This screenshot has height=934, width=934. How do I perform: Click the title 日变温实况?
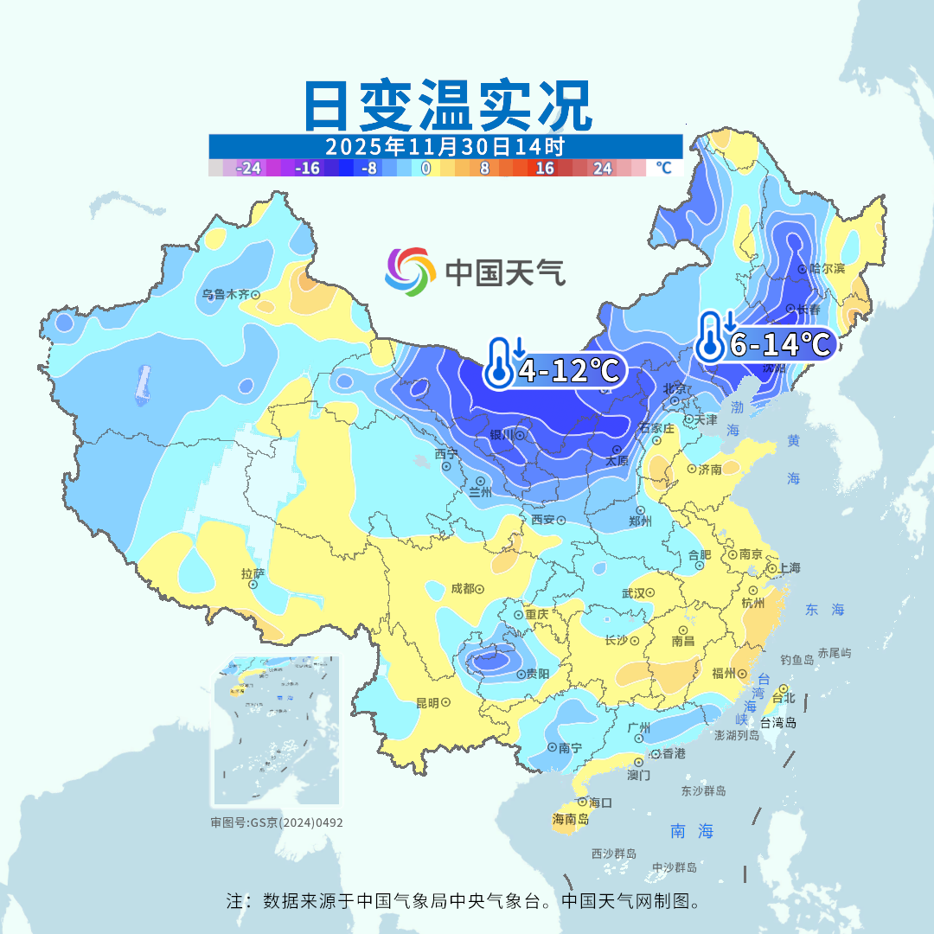[x=447, y=106]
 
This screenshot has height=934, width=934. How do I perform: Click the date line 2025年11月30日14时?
[x=445, y=145]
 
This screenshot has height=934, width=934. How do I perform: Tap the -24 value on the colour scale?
[x=249, y=169]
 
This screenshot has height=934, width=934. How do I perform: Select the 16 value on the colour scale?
[x=545, y=169]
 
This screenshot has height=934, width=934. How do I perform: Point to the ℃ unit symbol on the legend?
[x=663, y=168]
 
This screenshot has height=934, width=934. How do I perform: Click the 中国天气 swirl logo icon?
[x=409, y=271]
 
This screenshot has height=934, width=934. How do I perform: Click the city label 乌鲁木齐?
[x=226, y=294]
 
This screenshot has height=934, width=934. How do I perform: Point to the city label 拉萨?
[x=253, y=573]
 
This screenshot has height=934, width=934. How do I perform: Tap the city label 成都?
[x=463, y=589]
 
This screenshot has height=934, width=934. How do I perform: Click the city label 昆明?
[x=428, y=702]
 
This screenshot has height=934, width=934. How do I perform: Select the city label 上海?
[x=789, y=568]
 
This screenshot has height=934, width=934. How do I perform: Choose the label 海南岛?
[x=571, y=819]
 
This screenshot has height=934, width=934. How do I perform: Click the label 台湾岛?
[x=778, y=723]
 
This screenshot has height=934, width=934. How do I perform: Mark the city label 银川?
[x=502, y=435]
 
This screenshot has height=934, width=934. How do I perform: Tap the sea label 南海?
[x=692, y=832]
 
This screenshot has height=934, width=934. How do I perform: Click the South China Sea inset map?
[x=277, y=731]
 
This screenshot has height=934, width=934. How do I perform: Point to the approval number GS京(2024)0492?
[x=277, y=822]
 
